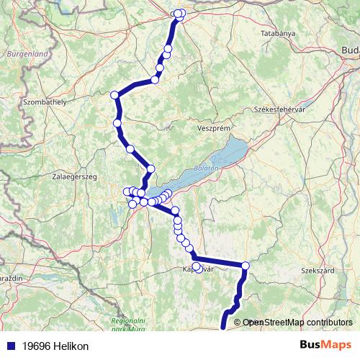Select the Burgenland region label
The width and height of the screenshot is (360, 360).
[x=27, y=53]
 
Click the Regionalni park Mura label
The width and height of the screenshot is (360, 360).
[x=132, y=324]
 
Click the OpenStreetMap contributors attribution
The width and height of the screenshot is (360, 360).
[x=297, y=323]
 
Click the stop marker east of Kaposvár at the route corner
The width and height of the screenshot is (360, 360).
[x=246, y=266]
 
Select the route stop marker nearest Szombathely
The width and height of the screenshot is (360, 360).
[x=114, y=95]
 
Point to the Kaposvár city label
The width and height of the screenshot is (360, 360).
[x=198, y=269]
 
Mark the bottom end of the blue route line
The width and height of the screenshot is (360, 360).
[x=222, y=328]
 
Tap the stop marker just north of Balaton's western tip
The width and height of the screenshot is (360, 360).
[x=150, y=168]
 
